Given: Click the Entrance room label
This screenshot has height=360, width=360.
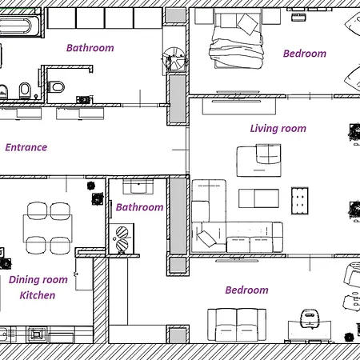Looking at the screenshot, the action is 26,147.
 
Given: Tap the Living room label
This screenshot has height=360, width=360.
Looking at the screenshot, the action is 278,129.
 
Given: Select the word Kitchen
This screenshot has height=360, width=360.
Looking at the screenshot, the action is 38,295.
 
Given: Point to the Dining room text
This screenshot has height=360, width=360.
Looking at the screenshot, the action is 38,280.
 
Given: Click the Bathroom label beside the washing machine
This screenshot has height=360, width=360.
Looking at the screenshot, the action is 139,207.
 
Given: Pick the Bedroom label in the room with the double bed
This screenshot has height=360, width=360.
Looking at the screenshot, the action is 305,54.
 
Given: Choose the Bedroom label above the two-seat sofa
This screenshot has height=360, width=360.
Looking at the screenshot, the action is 246,290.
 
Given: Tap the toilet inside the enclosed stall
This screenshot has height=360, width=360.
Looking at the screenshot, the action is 56,87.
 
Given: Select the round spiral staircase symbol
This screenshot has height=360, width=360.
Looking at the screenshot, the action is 174,59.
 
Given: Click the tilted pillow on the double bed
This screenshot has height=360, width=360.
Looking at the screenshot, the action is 248,24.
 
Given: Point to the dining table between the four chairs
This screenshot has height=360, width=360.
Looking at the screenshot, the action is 48,229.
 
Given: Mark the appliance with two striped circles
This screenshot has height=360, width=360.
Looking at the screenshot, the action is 122,238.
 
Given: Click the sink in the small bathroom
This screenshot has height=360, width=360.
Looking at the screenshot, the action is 138,186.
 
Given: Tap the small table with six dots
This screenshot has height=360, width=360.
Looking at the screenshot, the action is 300,201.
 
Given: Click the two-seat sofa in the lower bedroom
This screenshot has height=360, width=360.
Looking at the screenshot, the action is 237,325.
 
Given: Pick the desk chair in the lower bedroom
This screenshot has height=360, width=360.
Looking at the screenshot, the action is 310,318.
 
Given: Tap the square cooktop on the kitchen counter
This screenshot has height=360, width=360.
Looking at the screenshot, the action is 36,334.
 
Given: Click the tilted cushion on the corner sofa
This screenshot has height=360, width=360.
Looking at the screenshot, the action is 206,238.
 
